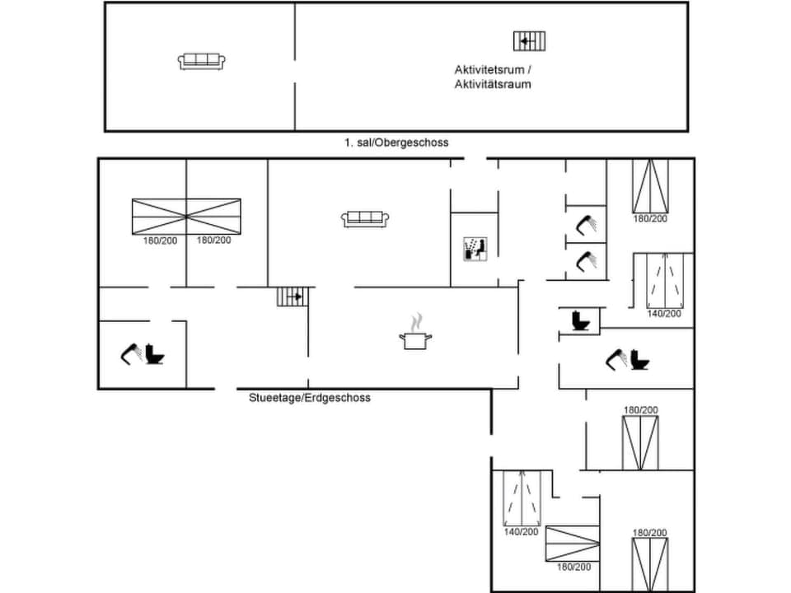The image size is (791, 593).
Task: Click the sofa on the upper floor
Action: click(201, 61)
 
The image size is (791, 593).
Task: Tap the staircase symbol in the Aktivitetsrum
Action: click(530, 40)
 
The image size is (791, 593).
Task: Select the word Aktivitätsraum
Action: click(493, 84)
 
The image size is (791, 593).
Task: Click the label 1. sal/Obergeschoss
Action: click(396, 142)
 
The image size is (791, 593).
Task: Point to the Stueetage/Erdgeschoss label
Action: click(310, 398)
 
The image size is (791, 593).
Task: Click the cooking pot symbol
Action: click(414, 339)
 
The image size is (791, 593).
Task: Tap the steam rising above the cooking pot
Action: click(417, 320)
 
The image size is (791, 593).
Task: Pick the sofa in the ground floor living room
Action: click(365, 219)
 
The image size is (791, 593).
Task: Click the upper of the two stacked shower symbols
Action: click(587, 223)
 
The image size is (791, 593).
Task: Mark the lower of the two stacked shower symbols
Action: click(587, 260)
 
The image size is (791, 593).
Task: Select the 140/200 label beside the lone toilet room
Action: click(663, 313)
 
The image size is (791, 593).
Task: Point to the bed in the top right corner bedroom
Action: click(650, 185)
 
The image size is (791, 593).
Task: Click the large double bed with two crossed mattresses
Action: click(186, 217)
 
